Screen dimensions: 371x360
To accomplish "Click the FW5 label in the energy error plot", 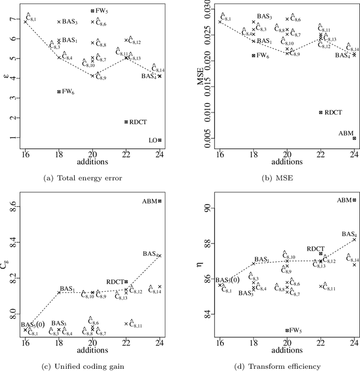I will tap(102, 10).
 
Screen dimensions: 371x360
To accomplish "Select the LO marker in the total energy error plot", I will tap(160, 140).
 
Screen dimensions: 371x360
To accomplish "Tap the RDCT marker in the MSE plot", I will tap(321, 112).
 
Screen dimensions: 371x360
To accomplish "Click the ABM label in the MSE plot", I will tap(346, 133).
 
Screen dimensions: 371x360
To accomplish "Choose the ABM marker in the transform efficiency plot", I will tap(354, 200).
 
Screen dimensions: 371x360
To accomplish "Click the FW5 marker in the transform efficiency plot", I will tap(287, 331).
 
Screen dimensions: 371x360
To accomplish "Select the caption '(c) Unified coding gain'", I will tap(91, 366).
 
